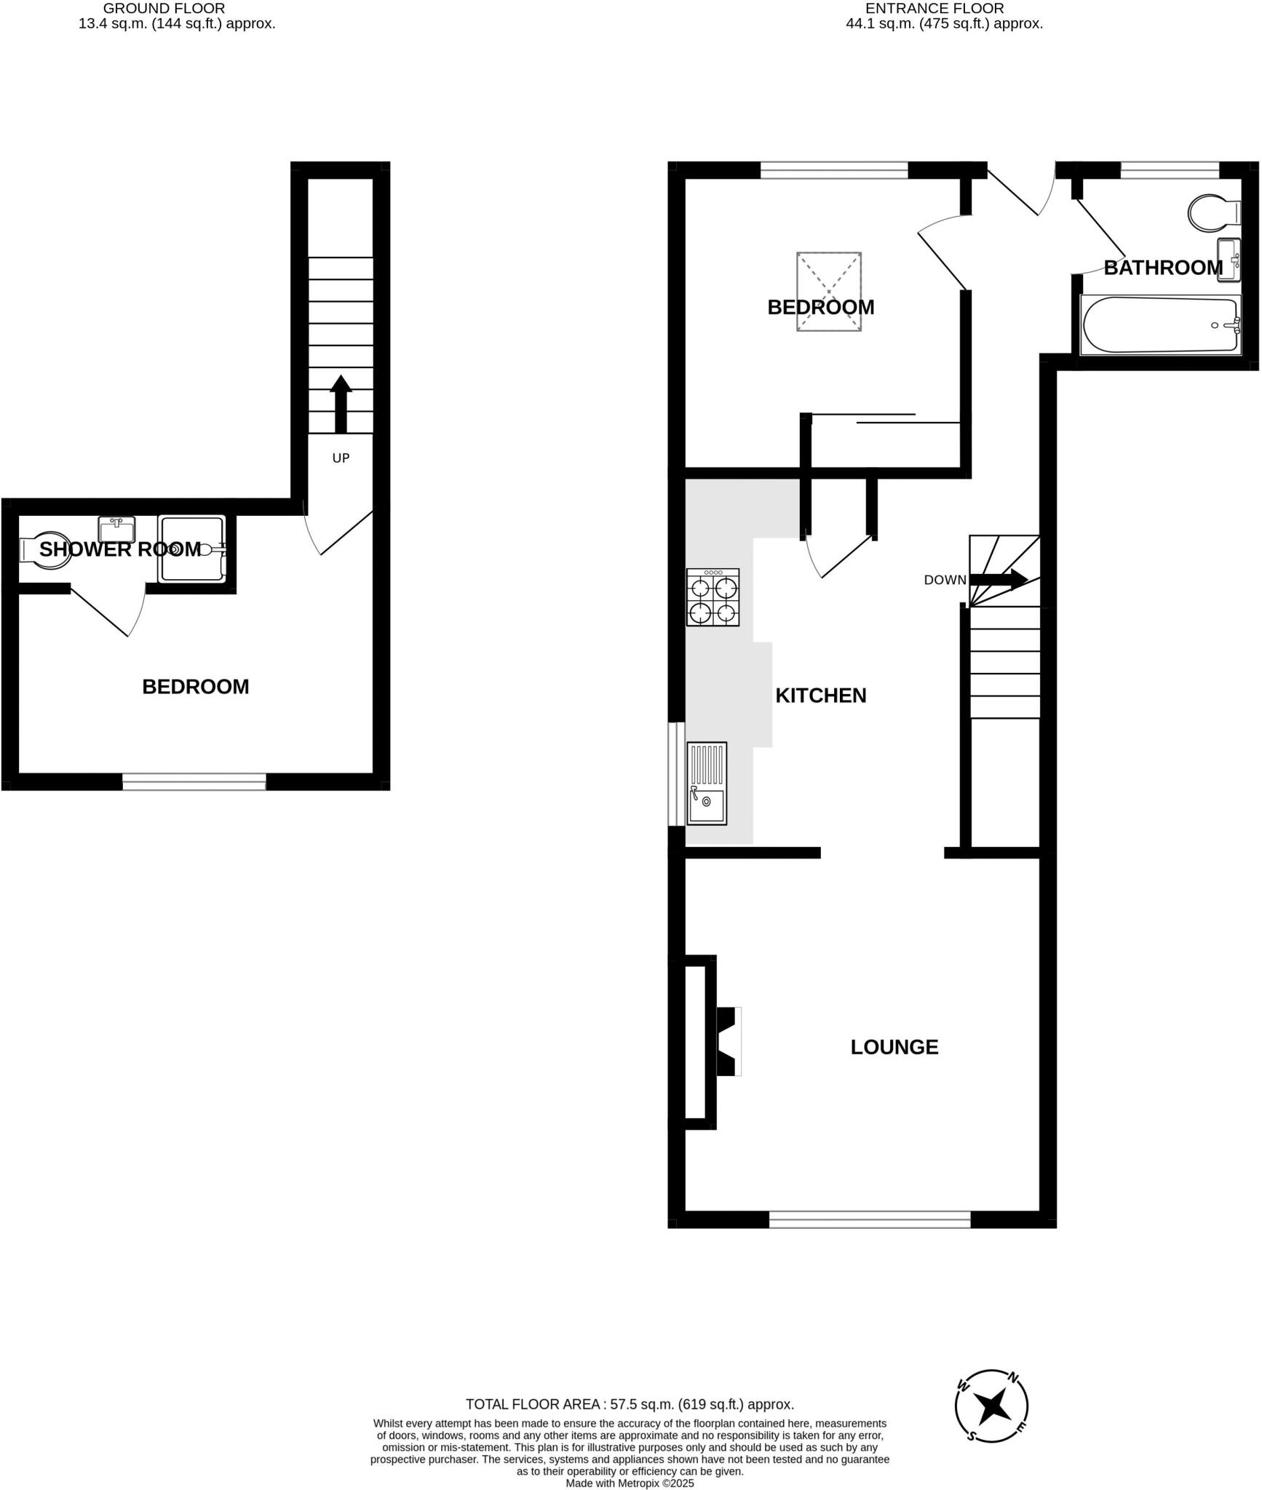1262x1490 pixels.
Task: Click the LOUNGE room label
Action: tap(894, 1047)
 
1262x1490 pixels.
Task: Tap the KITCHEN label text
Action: tap(820, 696)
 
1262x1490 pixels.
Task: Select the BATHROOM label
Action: tap(1162, 268)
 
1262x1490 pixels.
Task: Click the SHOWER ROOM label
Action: tap(119, 549)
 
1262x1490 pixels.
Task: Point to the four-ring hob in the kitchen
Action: tap(713, 597)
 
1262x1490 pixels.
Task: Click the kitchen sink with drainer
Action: tap(707, 784)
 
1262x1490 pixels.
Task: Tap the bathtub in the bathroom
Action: tap(1161, 325)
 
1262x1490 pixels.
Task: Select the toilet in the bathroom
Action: tap(1213, 212)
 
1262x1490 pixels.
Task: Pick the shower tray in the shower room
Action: tap(192, 549)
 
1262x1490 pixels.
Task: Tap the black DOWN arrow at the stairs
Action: tap(999, 579)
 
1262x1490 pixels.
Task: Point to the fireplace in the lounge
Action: tap(728, 1041)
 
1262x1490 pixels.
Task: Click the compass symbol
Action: tap(991, 1406)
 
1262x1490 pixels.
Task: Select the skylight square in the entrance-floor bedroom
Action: tap(828, 292)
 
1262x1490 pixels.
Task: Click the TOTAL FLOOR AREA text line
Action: tap(630, 1404)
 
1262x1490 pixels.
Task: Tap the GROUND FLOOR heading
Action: tap(164, 9)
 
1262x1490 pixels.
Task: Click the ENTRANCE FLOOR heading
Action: tap(934, 9)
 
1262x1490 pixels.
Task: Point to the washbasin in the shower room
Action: tap(116, 527)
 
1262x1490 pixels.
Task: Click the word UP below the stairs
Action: tap(341, 458)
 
